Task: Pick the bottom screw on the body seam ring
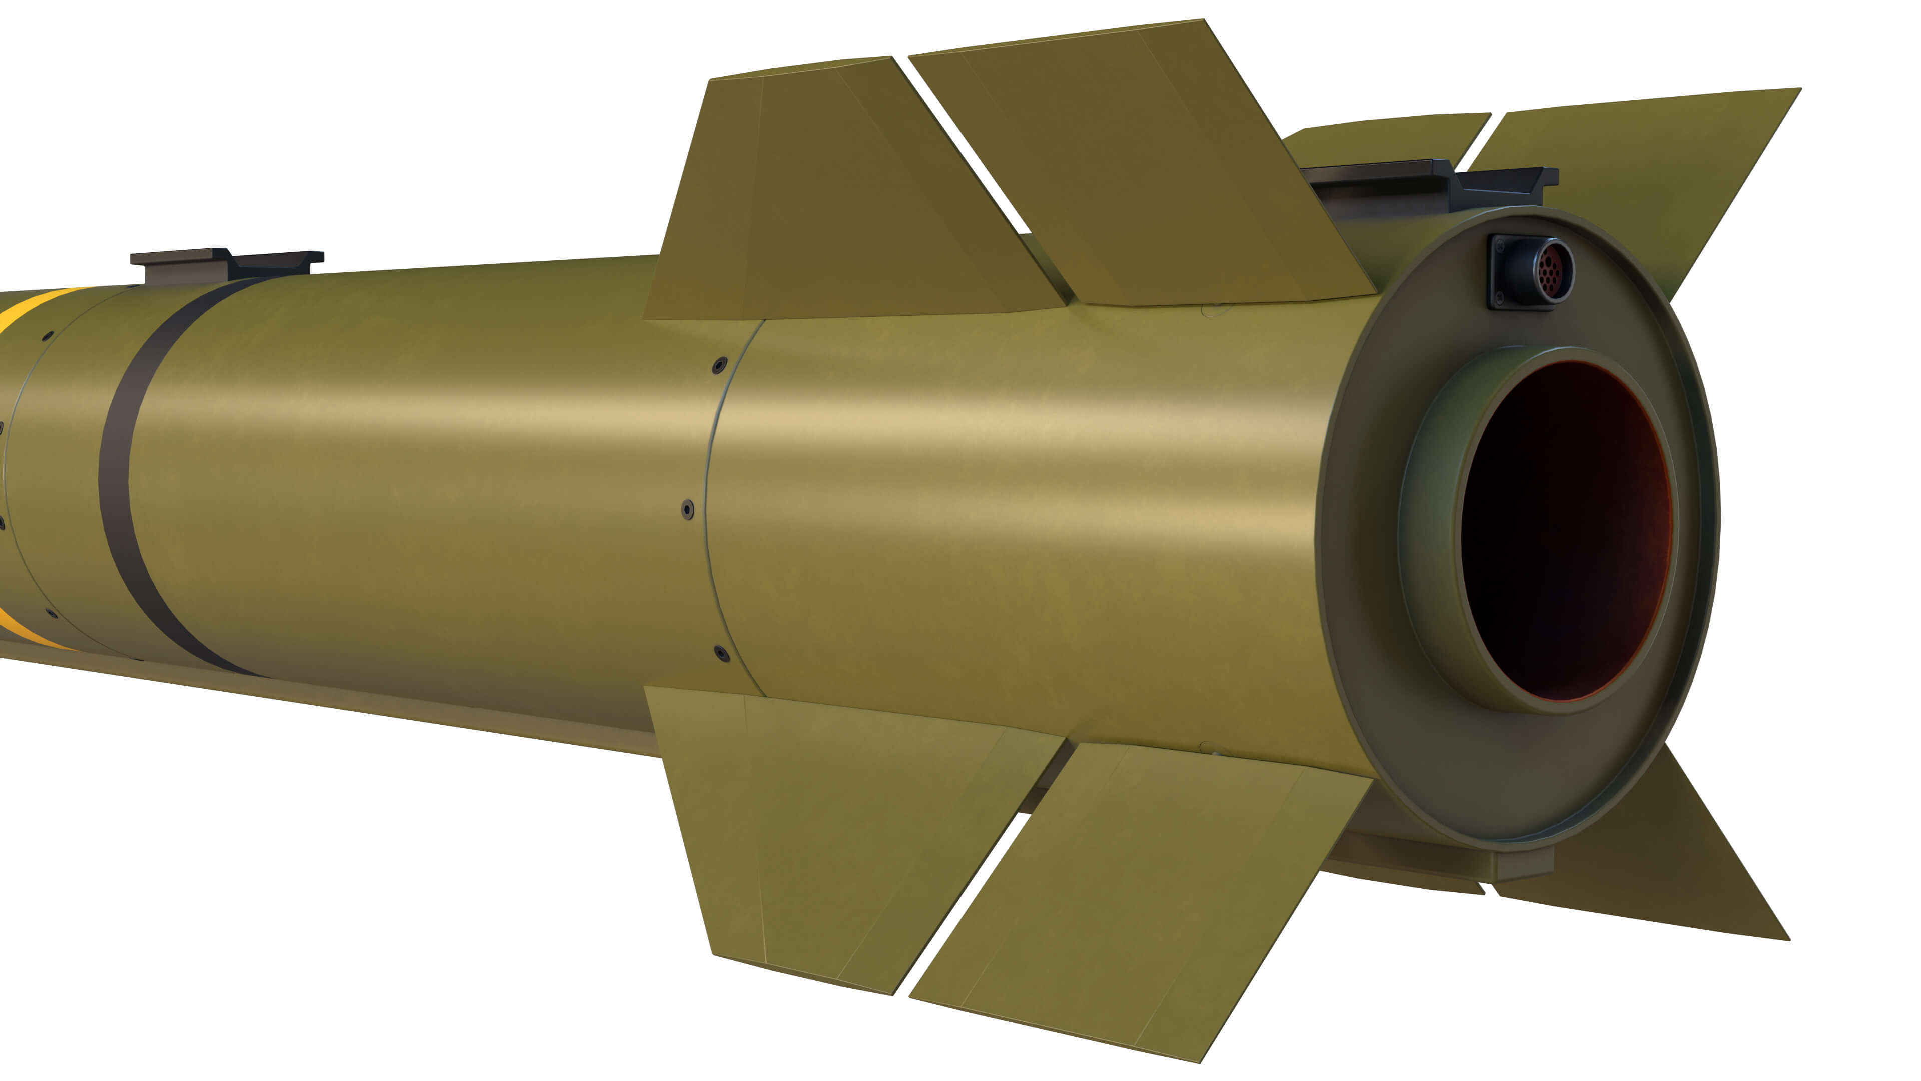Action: click(x=721, y=654)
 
